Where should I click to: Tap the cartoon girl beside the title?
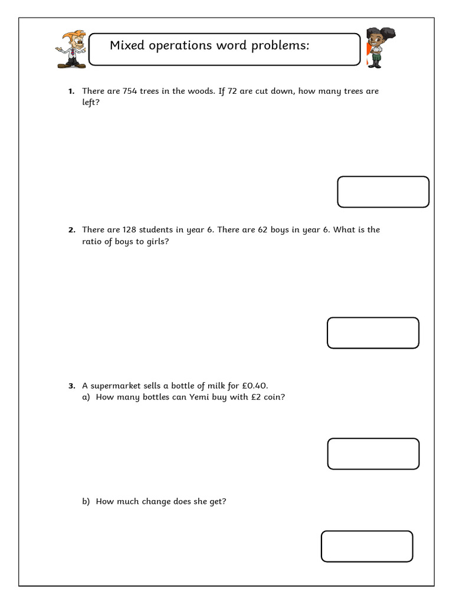(374, 47)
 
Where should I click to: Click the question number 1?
(71, 91)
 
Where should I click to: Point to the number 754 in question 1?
(129, 91)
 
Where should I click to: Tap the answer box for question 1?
(383, 192)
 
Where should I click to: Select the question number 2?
(71, 230)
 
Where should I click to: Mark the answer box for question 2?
(373, 333)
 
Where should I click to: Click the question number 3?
(71, 386)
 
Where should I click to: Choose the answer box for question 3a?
(373, 454)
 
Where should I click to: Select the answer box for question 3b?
(367, 546)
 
